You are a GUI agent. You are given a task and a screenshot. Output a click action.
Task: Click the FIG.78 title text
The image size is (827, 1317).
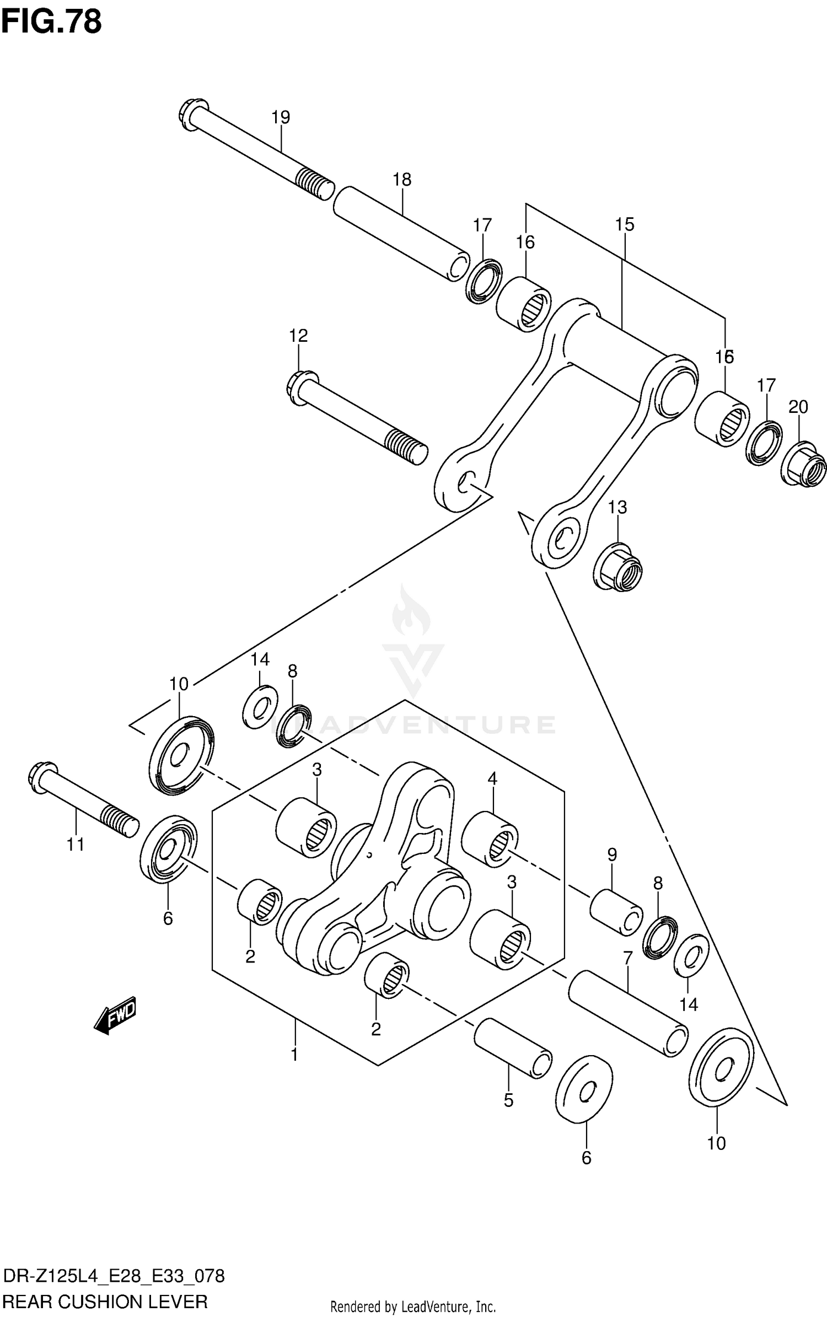tap(51, 22)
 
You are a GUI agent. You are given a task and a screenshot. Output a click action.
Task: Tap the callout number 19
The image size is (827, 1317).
tap(281, 117)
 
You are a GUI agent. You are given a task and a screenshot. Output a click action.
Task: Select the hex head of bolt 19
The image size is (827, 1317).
tap(192, 114)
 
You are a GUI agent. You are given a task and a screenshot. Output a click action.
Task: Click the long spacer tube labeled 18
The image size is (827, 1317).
tap(401, 233)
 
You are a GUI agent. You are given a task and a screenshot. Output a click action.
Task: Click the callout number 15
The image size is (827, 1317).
tap(625, 224)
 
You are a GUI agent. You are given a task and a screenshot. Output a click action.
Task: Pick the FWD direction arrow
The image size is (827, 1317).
tap(115, 1014)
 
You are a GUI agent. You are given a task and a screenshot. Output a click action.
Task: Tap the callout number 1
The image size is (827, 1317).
tap(294, 1055)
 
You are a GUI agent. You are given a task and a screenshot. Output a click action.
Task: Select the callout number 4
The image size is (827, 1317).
tap(492, 778)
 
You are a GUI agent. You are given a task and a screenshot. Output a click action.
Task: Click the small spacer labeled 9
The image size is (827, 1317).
tap(616, 912)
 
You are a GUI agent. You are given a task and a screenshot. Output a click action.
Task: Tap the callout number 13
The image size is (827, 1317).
tap(617, 507)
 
